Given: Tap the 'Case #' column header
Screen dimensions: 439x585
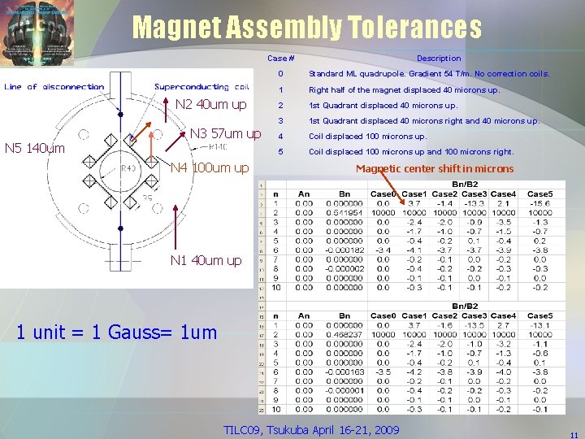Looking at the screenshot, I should [280, 59].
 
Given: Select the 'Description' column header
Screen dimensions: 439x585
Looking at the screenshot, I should [438, 59].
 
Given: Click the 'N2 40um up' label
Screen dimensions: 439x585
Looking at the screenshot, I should [211, 104].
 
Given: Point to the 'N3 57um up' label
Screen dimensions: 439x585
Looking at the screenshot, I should [225, 133].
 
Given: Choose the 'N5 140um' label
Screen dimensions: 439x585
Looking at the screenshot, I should [35, 148].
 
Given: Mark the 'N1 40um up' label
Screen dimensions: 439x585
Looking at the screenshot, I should [206, 260].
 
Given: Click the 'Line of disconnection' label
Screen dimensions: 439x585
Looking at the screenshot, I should [54, 87].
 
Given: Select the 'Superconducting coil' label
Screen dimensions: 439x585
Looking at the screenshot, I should [201, 87].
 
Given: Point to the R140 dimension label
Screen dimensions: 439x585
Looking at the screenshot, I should [218, 147].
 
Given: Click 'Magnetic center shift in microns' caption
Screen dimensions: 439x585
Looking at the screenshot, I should [435, 168].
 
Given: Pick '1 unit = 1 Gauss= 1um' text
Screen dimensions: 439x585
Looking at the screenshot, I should [128, 332].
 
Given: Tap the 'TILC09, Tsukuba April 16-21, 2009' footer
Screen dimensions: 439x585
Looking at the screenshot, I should [311, 428].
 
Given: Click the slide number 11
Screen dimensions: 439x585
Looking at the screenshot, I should [574, 435].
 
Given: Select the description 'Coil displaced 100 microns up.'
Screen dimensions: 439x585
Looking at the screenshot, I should [367, 136].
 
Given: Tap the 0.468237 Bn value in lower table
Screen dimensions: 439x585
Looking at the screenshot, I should [344, 334].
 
